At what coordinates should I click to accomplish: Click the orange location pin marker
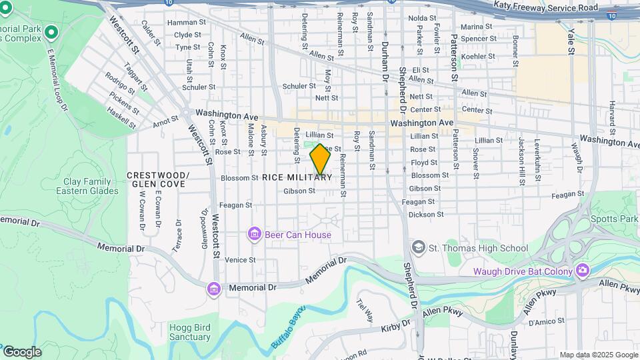tap(320, 158)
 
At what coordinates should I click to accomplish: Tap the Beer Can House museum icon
tap(254, 234)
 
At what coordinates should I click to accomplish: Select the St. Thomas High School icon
tap(419, 248)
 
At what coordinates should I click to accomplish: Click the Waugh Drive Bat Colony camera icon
tap(583, 271)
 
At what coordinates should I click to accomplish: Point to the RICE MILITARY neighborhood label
tap(297, 177)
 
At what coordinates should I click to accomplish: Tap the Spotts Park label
tap(615, 219)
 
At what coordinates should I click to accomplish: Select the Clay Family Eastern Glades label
tap(91, 186)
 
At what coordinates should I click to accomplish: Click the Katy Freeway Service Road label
tap(546, 5)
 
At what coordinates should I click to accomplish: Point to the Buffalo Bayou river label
tap(287, 327)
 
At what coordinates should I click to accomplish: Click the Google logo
tap(21, 352)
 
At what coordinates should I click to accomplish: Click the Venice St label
tap(240, 259)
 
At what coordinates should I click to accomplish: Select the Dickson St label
tap(426, 215)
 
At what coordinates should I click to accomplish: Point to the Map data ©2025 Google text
tap(599, 355)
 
